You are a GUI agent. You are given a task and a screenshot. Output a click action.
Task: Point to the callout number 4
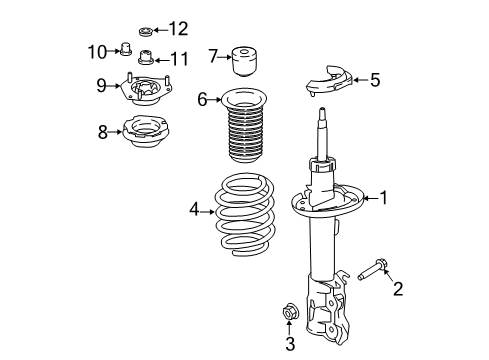(x=196, y=209)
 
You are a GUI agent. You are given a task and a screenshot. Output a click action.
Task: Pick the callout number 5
(x=375, y=78)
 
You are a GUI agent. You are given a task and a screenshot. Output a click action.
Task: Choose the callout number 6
(x=202, y=99)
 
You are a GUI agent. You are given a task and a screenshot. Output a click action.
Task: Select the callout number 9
(x=102, y=85)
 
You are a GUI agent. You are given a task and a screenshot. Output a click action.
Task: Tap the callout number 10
(x=97, y=51)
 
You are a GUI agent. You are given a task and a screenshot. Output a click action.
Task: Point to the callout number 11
(x=180, y=57)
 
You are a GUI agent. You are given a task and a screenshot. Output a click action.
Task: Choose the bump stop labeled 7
(x=243, y=61)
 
